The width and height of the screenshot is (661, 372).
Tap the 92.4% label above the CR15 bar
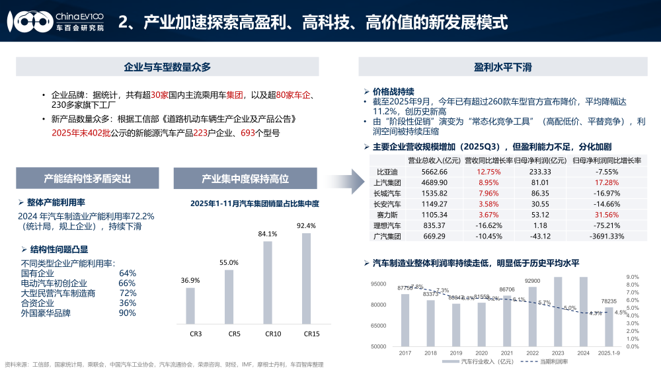click(307, 225)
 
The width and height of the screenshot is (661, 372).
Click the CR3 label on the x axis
click(195, 334)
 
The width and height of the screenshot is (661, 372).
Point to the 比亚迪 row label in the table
click(385, 172)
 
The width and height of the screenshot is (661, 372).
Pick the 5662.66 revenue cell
click(434, 172)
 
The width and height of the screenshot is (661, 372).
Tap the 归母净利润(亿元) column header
click(539, 160)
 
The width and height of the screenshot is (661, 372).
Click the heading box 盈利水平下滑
click(504, 67)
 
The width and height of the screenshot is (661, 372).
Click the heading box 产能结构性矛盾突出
click(87, 178)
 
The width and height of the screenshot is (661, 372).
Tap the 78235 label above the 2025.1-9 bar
click(609, 301)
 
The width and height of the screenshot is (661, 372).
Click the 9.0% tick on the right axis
click(632, 277)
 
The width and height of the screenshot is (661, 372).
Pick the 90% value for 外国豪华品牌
click(128, 313)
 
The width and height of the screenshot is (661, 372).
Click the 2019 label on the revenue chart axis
click(456, 353)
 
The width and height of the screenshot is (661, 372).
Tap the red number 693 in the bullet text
click(248, 133)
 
